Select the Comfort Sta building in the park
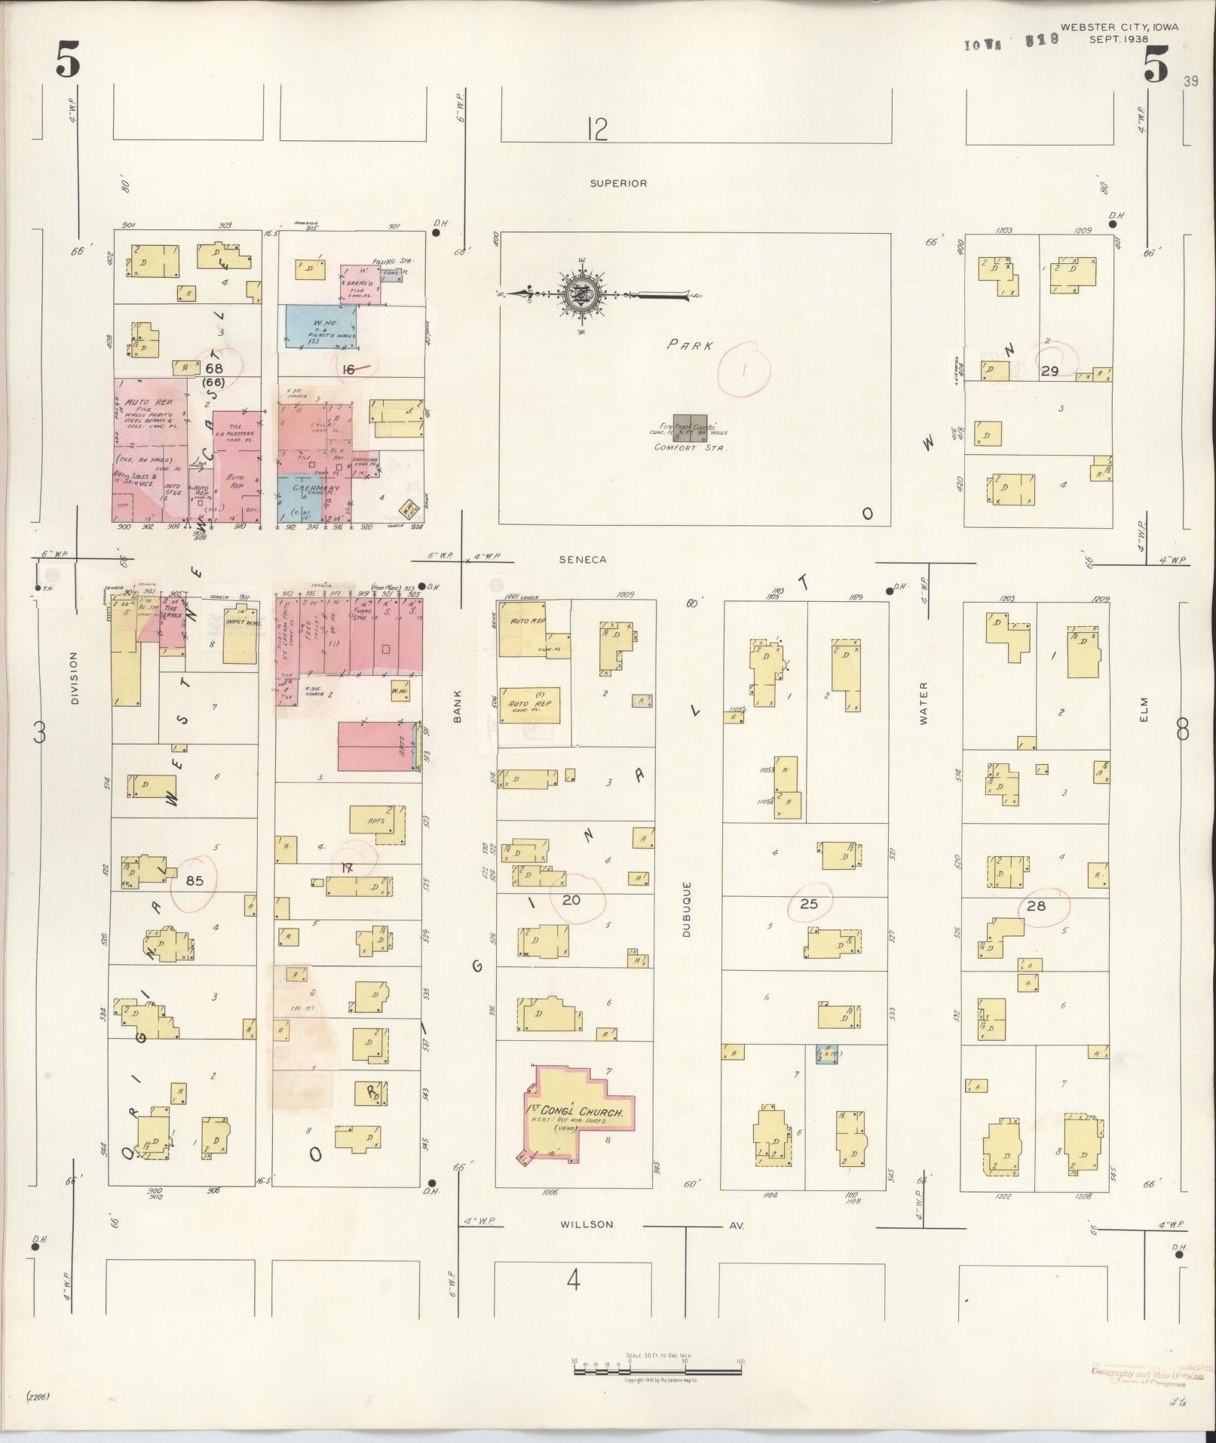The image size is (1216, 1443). pyautogui.click(x=690, y=426)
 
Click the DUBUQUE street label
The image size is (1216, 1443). pyautogui.click(x=687, y=908)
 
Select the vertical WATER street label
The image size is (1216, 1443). pyautogui.click(x=923, y=704)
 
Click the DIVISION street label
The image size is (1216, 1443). pyautogui.click(x=74, y=679)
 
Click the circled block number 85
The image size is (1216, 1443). pyautogui.click(x=194, y=880)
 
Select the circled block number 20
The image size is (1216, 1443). pyautogui.click(x=571, y=898)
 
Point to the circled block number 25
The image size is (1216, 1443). pyautogui.click(x=808, y=903)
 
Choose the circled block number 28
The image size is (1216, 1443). pyautogui.click(x=1037, y=905)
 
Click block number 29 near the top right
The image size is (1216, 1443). pyautogui.click(x=1049, y=371)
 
